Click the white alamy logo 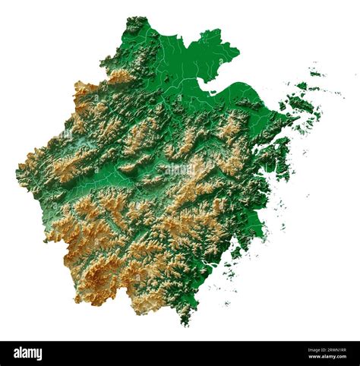tap(28, 353)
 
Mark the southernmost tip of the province tap(185, 323)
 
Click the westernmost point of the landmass tap(17, 173)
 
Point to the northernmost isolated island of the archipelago tap(314, 74)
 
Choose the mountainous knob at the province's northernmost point tap(137, 23)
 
